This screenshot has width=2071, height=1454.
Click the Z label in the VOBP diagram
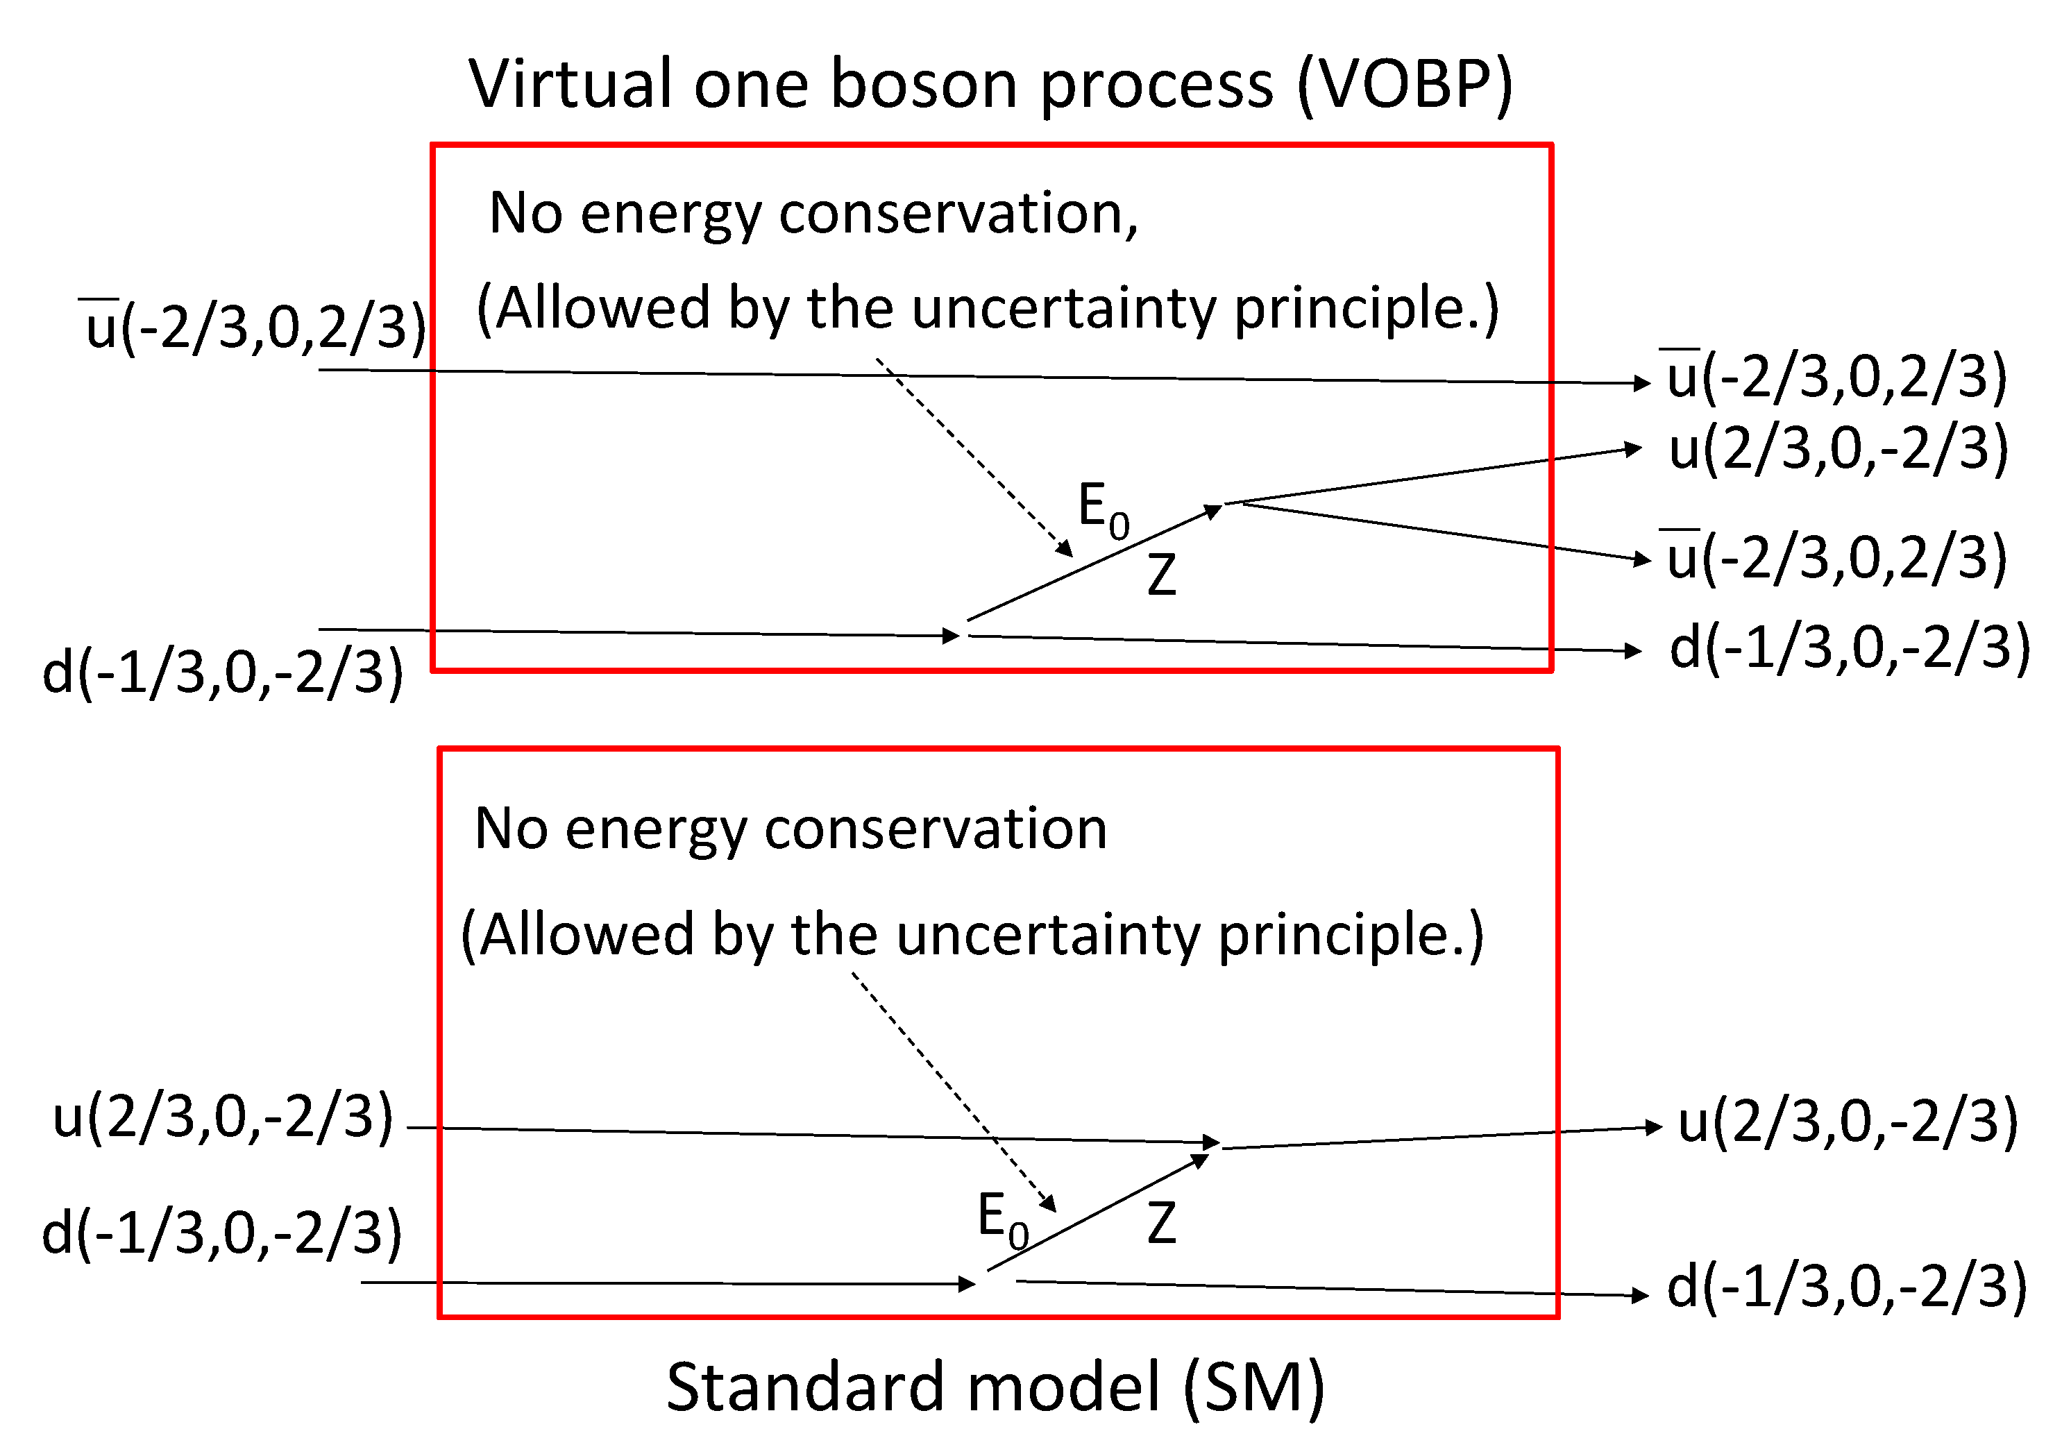(x=1162, y=575)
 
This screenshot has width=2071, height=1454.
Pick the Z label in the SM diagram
(x=1162, y=1224)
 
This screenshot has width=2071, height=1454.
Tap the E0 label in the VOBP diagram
(x=1103, y=509)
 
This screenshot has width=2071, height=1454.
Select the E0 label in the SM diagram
(x=1002, y=1219)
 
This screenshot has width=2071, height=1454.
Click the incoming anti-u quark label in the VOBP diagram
(x=255, y=326)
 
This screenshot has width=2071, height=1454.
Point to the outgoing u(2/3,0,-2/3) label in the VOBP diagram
(x=1838, y=448)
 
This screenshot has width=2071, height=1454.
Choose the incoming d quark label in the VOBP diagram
(x=223, y=672)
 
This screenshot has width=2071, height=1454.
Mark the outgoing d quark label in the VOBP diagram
(x=1849, y=648)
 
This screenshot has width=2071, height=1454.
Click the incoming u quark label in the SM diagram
(x=223, y=1117)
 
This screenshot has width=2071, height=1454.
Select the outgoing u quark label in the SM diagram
(x=1848, y=1122)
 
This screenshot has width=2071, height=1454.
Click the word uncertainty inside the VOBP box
(x=1065, y=307)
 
